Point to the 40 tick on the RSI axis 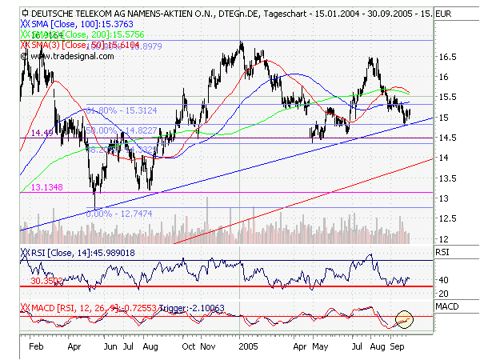tap(442, 279)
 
